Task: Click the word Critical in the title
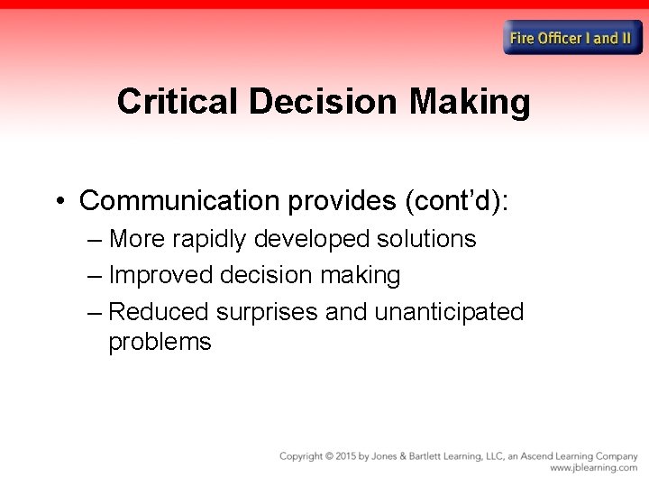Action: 178,102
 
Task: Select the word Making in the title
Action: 470,102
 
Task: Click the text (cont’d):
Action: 457,200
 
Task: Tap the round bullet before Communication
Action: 59,200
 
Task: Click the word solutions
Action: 423,239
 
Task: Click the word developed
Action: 314,239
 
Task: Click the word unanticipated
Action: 449,312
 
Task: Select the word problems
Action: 160,342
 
